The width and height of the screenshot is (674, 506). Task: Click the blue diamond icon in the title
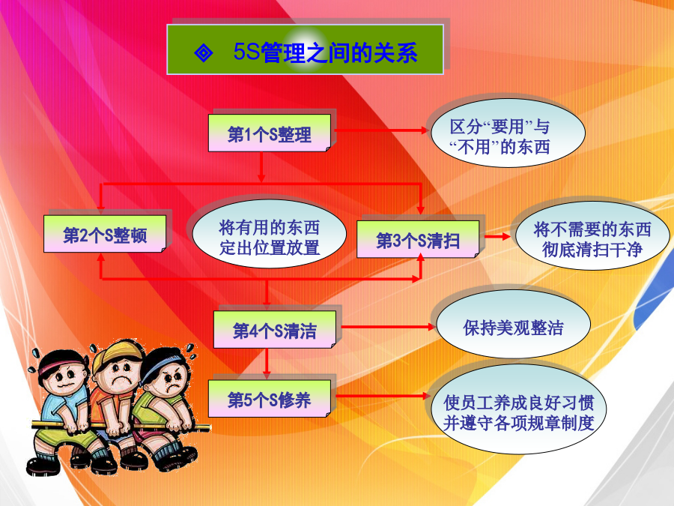click(x=203, y=53)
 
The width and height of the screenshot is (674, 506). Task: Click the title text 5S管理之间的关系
click(x=326, y=52)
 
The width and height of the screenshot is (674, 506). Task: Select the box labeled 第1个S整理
click(x=270, y=133)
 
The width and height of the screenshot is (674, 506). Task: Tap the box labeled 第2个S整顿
click(x=105, y=234)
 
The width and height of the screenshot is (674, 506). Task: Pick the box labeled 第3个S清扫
click(x=418, y=239)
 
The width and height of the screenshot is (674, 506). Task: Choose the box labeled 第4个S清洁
click(x=275, y=329)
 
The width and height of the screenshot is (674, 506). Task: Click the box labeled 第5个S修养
click(x=270, y=399)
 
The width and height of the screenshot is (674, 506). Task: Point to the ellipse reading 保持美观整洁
click(x=513, y=327)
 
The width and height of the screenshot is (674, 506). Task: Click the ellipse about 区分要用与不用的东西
click(x=508, y=133)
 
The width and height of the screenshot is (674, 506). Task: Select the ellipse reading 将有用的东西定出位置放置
click(x=270, y=235)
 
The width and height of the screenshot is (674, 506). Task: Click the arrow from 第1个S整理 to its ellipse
click(x=380, y=130)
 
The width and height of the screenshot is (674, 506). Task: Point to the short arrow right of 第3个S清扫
click(x=497, y=236)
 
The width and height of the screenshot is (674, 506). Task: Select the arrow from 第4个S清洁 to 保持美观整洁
click(x=388, y=327)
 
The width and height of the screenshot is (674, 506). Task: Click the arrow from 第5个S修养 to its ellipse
click(x=383, y=396)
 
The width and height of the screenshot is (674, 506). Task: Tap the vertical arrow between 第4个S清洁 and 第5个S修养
click(x=267, y=364)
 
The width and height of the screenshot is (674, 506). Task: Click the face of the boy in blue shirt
click(x=65, y=379)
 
